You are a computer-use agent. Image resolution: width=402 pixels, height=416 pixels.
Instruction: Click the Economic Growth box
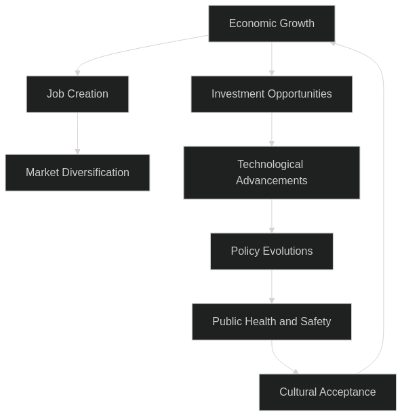tap(272, 24)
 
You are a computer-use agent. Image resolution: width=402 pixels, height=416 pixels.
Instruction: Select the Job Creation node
tap(77, 94)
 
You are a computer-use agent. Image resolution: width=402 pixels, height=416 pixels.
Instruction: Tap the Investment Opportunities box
tap(272, 94)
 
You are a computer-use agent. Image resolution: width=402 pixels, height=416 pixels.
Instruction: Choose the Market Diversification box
tap(77, 173)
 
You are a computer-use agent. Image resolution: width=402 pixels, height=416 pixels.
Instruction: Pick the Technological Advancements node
tap(272, 173)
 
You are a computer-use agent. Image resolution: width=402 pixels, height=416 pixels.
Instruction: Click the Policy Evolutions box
tap(272, 251)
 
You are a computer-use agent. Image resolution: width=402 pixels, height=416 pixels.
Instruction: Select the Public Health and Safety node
tap(272, 322)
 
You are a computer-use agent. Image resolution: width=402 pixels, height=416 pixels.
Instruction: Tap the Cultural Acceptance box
tap(327, 392)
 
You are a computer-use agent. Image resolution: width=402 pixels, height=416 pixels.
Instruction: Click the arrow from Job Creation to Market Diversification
tap(77, 133)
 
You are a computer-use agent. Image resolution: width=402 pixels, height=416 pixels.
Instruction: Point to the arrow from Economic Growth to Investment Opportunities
tap(272, 59)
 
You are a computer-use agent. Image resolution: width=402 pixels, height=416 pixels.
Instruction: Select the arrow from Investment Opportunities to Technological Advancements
tap(272, 129)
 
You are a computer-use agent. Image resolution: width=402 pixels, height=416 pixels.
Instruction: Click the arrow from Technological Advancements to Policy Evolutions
tap(272, 216)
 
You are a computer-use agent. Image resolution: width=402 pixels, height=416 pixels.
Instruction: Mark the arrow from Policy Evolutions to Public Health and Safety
tap(272, 287)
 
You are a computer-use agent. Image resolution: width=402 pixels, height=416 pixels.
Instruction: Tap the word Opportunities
tap(300, 94)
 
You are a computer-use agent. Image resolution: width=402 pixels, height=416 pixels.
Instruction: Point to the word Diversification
tap(96, 173)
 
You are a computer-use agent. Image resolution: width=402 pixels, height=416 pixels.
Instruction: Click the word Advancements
tap(272, 181)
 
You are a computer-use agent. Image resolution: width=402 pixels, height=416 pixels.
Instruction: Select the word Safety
tap(316, 322)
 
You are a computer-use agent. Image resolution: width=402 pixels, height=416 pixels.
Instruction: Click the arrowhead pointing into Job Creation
tap(77, 73)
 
